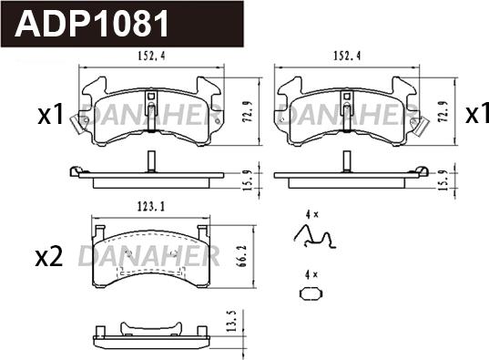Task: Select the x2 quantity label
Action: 48,257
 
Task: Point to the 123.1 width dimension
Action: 149,207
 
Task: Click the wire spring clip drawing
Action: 314,237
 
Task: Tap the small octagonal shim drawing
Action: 311,293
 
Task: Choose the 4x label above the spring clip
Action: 311,214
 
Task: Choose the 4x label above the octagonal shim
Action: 311,274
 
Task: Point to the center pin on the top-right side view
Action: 345,160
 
